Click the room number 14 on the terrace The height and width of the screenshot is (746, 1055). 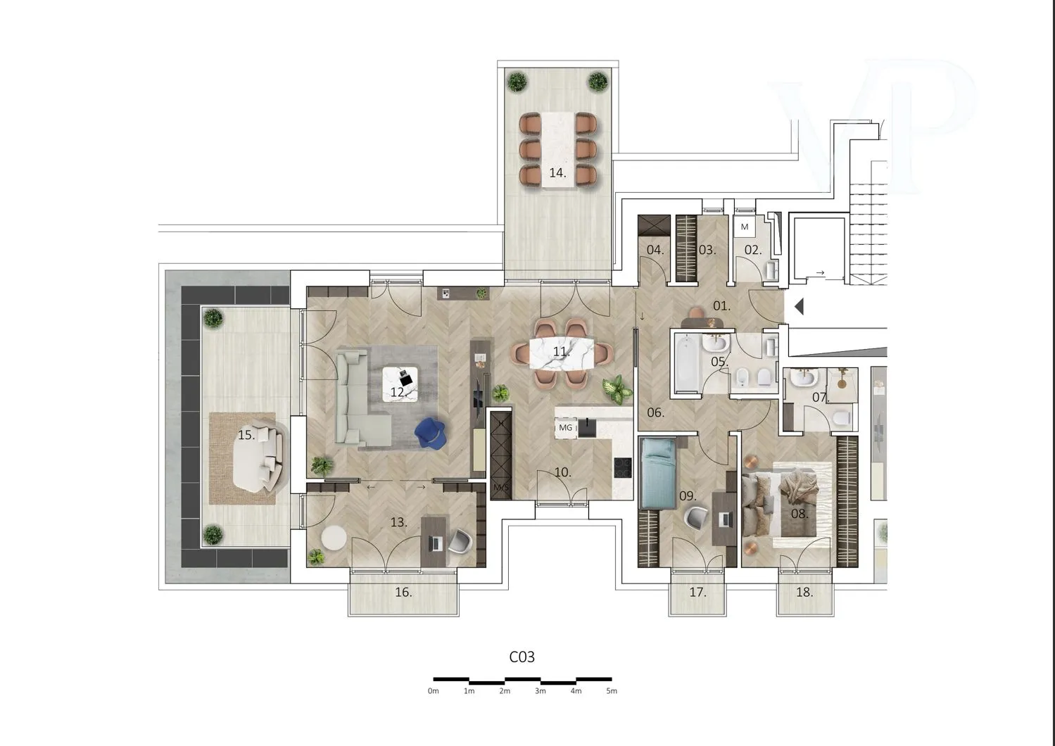pyautogui.click(x=557, y=173)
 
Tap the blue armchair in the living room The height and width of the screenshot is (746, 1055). pyautogui.click(x=429, y=434)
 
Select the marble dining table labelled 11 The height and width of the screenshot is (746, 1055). pyautogui.click(x=562, y=353)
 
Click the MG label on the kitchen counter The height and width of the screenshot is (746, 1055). pyautogui.click(x=565, y=428)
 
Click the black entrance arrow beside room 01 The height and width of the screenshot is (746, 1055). pyautogui.click(x=799, y=307)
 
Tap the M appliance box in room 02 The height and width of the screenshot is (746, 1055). pyautogui.click(x=745, y=227)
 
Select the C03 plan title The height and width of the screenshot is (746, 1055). pyautogui.click(x=522, y=657)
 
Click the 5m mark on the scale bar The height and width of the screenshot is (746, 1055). pyautogui.click(x=612, y=691)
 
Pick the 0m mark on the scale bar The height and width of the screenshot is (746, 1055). pyautogui.click(x=434, y=691)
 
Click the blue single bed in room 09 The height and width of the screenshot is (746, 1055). pyautogui.click(x=659, y=473)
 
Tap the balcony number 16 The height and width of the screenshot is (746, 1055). pyautogui.click(x=403, y=592)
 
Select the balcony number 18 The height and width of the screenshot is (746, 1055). pyautogui.click(x=804, y=592)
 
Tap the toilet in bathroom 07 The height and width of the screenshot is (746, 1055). pyautogui.click(x=842, y=418)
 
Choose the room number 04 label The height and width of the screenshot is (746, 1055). pyautogui.click(x=655, y=250)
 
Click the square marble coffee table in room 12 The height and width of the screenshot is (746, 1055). pyautogui.click(x=400, y=384)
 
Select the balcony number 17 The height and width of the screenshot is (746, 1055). pyautogui.click(x=697, y=592)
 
